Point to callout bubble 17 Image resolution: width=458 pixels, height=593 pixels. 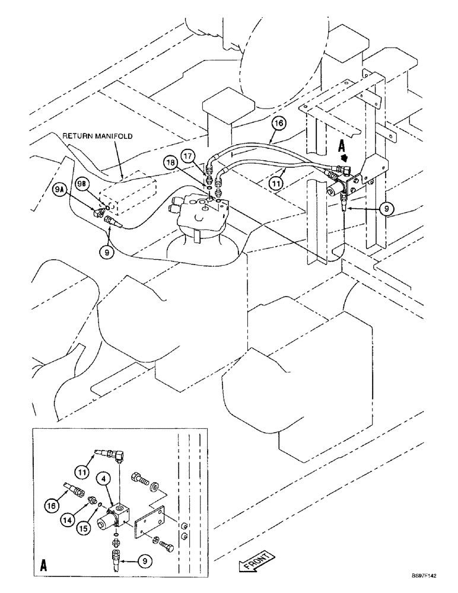pyautogui.click(x=189, y=157)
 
